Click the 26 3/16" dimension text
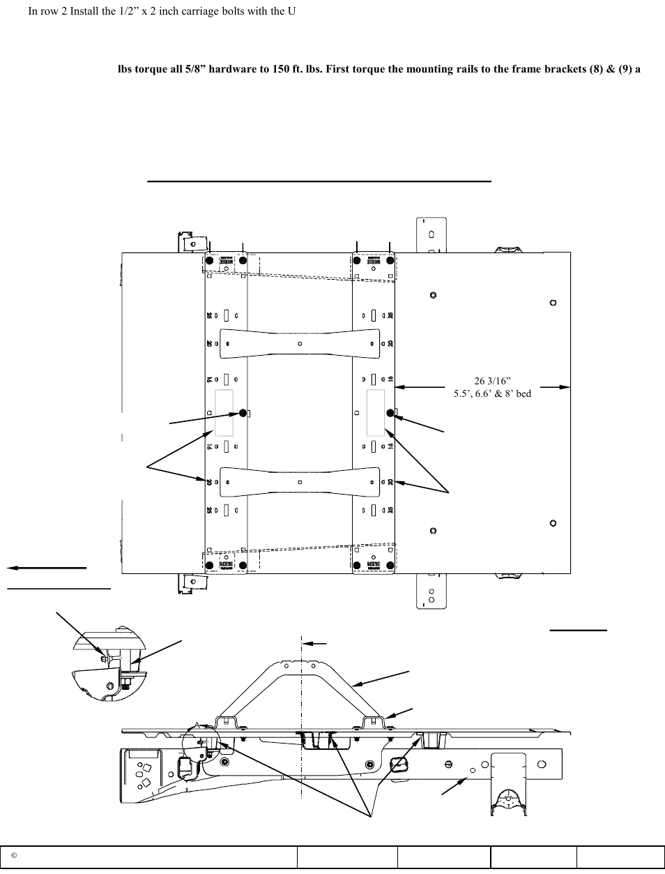[x=492, y=381]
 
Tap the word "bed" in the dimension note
[x=522, y=393]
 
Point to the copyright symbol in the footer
[x=13, y=856]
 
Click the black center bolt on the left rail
[x=243, y=413]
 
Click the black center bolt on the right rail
[x=391, y=414]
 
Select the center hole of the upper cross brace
[x=299, y=343]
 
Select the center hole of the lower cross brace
[x=299, y=482]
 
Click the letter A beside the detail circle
[x=197, y=725]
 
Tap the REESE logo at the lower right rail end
[x=374, y=565]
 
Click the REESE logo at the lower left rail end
[x=226, y=565]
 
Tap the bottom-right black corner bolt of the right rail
[x=390, y=565]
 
